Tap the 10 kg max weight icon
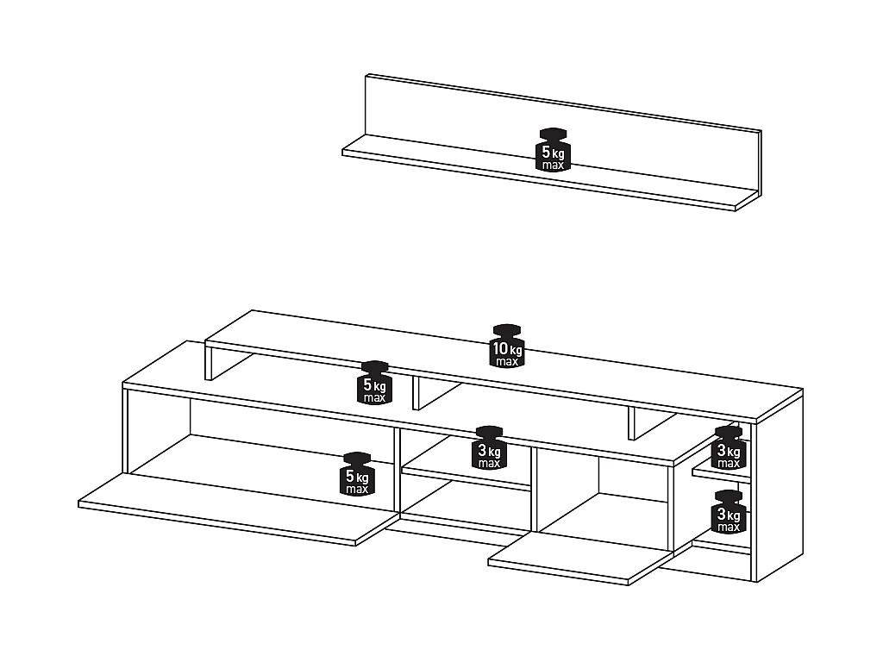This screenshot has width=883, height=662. [507, 347]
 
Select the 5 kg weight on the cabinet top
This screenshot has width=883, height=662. [375, 383]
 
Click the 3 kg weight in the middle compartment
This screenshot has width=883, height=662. [489, 447]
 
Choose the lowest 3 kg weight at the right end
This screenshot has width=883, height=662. [729, 512]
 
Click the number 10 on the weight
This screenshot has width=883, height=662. [500, 349]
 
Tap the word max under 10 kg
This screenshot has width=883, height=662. [507, 362]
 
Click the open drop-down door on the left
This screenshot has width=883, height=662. [233, 509]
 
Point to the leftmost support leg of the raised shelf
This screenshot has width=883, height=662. [209, 363]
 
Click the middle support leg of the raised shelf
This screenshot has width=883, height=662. [416, 393]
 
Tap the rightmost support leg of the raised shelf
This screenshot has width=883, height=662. [633, 422]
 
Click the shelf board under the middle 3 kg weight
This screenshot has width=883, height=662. [466, 478]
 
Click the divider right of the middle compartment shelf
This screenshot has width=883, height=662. [534, 487]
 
